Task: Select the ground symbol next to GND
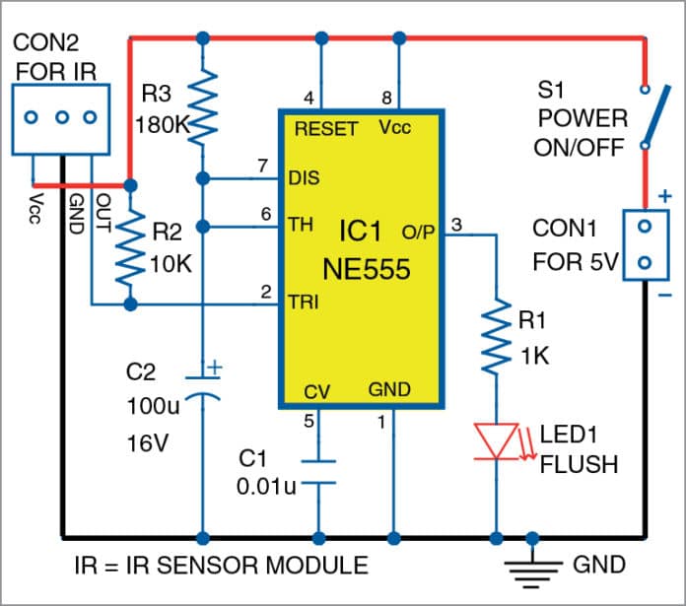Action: (533, 569)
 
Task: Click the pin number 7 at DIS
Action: (262, 165)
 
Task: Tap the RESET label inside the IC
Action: (325, 129)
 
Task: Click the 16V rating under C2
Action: (148, 443)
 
